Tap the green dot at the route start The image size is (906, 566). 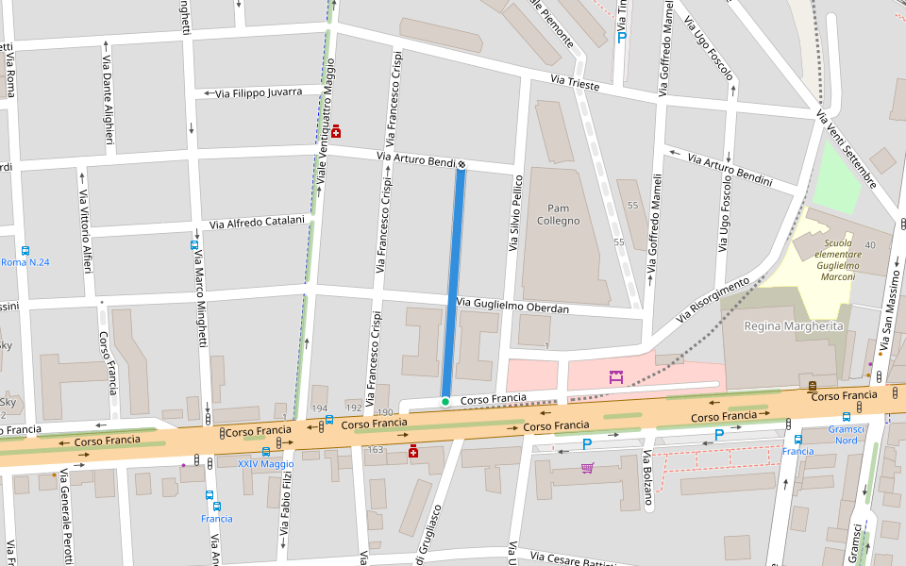[445, 402]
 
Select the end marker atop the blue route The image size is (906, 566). [461, 164]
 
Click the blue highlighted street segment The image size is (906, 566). [454, 283]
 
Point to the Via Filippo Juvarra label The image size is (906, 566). [259, 92]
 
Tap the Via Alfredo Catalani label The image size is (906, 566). [257, 223]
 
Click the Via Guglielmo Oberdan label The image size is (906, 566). [512, 306]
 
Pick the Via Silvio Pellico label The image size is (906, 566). [516, 212]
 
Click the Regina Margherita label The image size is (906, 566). [793, 325]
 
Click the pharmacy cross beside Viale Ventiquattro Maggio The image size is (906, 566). [335, 131]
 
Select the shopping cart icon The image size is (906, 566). [587, 468]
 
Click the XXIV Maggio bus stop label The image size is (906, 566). [265, 463]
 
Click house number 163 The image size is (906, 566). [375, 450]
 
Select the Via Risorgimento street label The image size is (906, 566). [713, 301]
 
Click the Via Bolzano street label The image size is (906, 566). [647, 478]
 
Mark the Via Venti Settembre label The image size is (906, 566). [847, 149]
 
